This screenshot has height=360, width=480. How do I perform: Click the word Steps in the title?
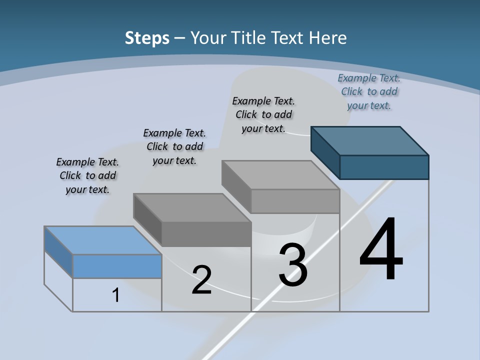click(146, 38)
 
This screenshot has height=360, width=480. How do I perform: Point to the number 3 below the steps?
click(293, 265)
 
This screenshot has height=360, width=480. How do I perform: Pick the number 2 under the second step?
click(201, 280)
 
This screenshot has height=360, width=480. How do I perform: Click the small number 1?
click(116, 295)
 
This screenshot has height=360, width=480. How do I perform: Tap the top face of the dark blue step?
click(370, 140)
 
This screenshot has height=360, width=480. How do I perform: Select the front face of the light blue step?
click(117, 266)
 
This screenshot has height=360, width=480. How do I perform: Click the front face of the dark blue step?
click(384, 167)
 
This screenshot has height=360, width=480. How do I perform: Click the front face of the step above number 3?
click(295, 201)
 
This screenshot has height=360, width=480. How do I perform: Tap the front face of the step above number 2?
click(206, 234)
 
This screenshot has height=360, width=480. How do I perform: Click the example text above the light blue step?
click(87, 175)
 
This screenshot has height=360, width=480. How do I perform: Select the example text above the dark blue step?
click(369, 91)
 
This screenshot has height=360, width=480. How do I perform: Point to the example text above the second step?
click(174, 146)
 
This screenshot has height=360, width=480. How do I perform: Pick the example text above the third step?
click(263, 114)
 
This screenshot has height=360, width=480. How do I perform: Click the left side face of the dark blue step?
click(325, 152)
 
